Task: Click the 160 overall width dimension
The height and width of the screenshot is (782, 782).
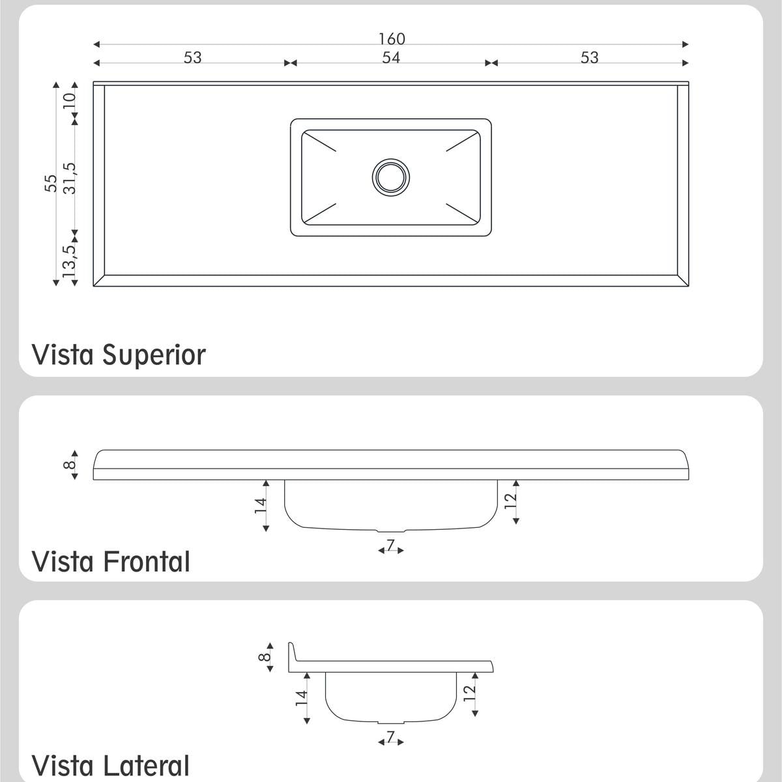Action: (x=392, y=39)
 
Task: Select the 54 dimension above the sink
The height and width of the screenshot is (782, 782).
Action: (x=391, y=57)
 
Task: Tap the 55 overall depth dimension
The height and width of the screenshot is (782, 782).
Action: (x=51, y=183)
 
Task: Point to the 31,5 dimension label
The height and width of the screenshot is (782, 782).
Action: (x=69, y=178)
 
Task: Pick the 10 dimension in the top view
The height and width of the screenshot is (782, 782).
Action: (x=69, y=100)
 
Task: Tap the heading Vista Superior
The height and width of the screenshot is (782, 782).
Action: (x=119, y=355)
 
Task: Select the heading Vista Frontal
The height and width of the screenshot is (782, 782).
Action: (x=111, y=562)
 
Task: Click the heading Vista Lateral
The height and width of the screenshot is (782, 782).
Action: (x=110, y=766)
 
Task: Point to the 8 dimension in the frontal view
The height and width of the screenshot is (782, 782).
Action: (x=69, y=464)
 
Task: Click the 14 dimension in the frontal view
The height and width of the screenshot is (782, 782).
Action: (x=260, y=506)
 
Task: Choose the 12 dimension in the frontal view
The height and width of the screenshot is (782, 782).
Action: (x=510, y=500)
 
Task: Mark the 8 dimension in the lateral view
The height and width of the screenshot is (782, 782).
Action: (x=265, y=657)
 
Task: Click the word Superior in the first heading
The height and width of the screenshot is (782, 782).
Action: (x=154, y=355)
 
